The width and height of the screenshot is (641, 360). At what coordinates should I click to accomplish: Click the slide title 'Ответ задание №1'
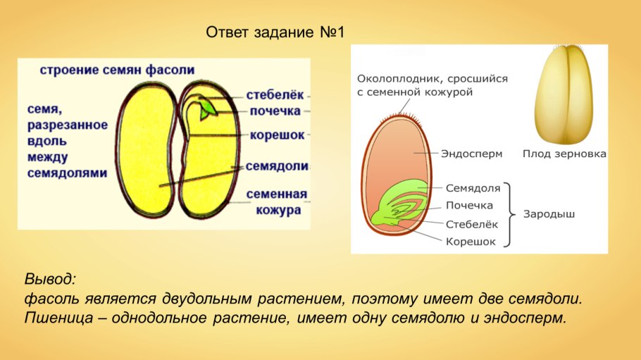tap(276, 33)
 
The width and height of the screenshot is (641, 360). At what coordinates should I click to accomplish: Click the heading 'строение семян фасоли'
tap(117, 70)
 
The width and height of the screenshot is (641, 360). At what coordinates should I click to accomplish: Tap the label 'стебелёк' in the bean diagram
tap(275, 94)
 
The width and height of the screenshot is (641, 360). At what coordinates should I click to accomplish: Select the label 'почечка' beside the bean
tap(274, 111)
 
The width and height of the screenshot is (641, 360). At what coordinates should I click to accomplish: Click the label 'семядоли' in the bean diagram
tap(277, 166)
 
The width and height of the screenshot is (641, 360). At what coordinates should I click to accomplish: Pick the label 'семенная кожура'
tap(277, 201)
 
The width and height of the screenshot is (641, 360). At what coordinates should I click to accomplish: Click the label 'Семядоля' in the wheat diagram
tap(473, 188)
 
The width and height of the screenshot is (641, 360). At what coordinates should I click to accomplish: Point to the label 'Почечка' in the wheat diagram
tap(470, 206)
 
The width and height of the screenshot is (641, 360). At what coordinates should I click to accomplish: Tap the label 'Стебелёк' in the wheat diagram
tap(472, 223)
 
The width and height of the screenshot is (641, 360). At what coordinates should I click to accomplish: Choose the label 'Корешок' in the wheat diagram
tap(471, 241)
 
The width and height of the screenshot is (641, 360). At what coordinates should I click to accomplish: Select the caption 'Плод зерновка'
tap(564, 153)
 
